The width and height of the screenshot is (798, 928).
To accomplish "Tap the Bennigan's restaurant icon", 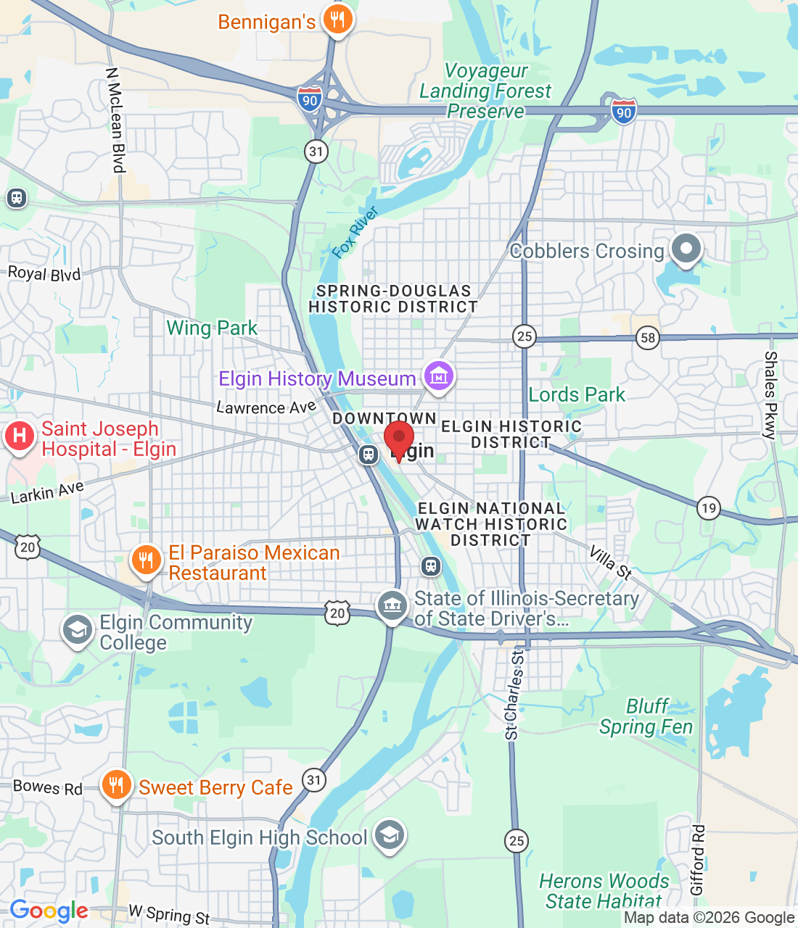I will click(337, 20).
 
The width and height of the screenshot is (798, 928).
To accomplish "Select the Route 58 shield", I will click(648, 337).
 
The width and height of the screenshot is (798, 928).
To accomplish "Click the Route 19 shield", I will click(709, 507).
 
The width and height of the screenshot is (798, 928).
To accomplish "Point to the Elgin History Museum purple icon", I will click(438, 376).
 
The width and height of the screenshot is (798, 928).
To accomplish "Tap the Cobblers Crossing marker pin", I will click(686, 249).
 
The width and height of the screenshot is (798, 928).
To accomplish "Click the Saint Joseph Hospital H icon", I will click(20, 436).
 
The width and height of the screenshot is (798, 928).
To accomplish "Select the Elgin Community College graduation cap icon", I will click(77, 630).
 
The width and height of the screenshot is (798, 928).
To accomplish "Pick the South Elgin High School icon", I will click(390, 836).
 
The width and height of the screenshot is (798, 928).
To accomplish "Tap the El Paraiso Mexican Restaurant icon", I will click(146, 560).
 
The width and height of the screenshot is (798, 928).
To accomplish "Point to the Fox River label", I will click(355, 232).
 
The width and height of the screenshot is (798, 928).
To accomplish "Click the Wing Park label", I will click(212, 328).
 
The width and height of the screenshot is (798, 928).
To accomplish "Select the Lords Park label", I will click(577, 394).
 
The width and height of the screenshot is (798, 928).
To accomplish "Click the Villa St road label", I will click(610, 563).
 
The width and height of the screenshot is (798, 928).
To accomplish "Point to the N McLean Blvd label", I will click(115, 120).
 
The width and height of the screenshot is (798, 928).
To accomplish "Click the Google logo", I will click(49, 911).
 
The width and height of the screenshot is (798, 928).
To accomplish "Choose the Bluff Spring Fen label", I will click(646, 716).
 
